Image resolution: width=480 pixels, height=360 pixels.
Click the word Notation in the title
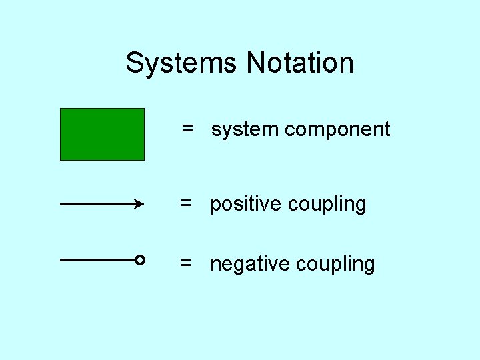(x=300, y=63)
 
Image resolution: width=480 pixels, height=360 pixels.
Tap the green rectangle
(x=102, y=134)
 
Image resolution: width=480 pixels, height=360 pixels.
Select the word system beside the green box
(x=245, y=129)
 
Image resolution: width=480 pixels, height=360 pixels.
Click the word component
(x=337, y=129)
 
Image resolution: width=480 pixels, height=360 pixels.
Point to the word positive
(x=245, y=204)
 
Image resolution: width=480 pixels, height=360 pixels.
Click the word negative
(x=249, y=264)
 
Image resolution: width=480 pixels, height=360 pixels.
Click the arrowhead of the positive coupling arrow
(x=140, y=205)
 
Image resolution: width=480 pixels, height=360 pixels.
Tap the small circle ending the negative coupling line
(x=140, y=260)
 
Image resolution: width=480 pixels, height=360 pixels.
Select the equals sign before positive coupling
(x=187, y=203)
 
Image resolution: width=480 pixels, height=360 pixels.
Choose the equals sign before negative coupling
(x=187, y=263)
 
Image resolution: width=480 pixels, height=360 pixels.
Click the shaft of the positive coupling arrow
(x=97, y=205)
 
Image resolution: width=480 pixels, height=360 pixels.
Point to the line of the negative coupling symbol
(x=97, y=260)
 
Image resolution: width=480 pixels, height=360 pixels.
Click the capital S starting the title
(x=135, y=63)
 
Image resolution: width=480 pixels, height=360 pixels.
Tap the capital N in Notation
(x=255, y=63)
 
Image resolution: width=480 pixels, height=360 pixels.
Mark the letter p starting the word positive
(x=215, y=205)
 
